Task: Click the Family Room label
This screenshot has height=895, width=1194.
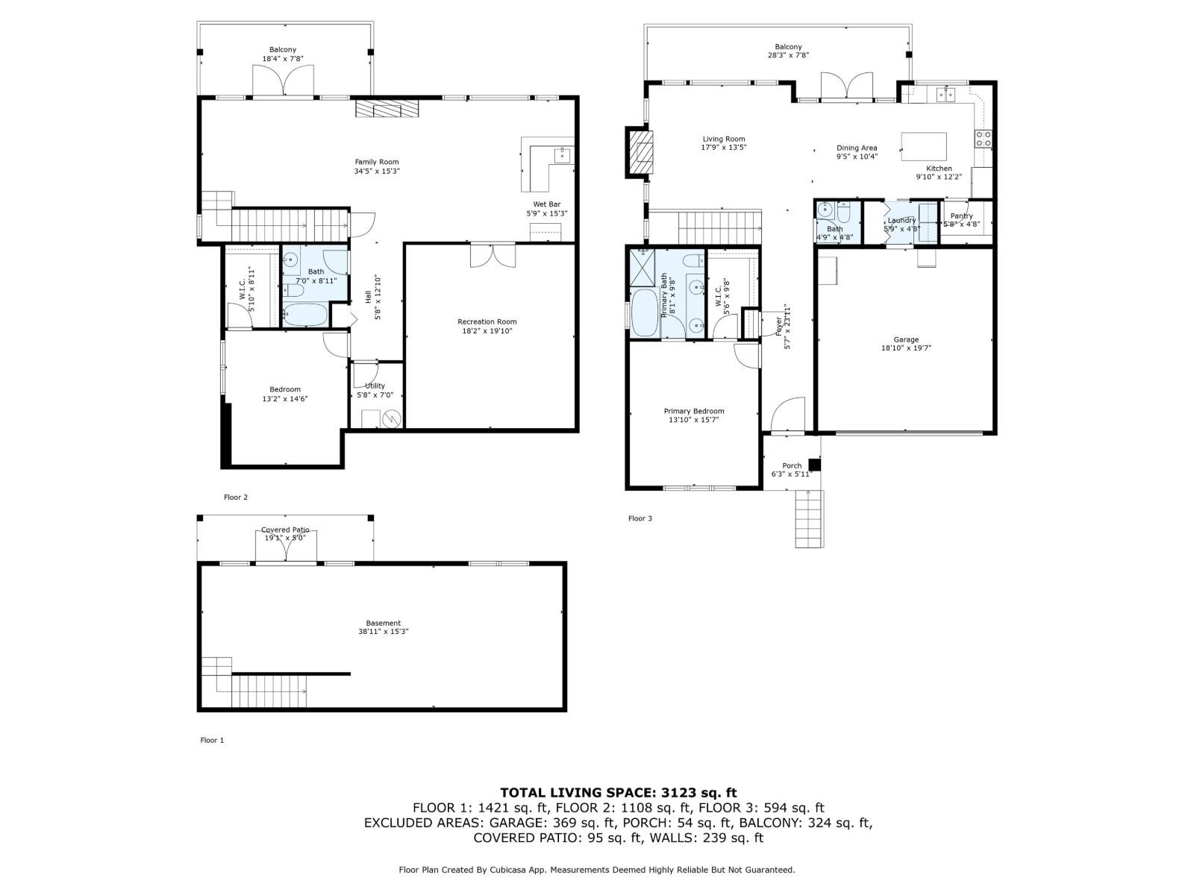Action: [376, 162]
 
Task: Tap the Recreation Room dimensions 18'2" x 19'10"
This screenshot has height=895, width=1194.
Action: [487, 331]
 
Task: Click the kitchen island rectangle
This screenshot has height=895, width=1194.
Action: [924, 146]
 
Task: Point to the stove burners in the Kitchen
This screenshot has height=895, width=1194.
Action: [983, 138]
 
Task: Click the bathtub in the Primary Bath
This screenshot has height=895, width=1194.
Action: [644, 313]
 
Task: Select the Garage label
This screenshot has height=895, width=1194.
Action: [906, 339]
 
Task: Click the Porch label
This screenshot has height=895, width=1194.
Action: [792, 465]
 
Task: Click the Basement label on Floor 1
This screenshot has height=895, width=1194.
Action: [383, 623]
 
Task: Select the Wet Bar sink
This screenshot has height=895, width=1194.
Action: [561, 155]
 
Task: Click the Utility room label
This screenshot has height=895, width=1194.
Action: [375, 386]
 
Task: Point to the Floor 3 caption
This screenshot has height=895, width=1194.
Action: [640, 518]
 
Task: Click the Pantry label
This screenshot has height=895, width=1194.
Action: [961, 216]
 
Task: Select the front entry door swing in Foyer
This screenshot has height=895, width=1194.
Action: [789, 415]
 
